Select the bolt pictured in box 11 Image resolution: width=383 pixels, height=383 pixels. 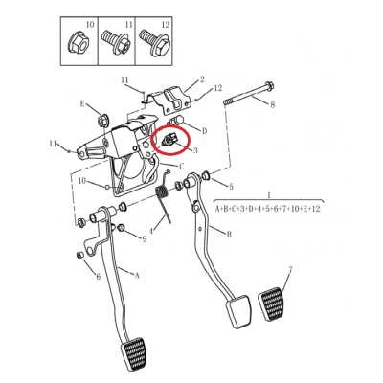pyautogui.click(x=117, y=41)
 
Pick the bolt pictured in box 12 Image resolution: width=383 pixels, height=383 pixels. pyautogui.click(x=154, y=42)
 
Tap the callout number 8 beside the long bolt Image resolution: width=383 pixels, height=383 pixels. pyautogui.click(x=272, y=104)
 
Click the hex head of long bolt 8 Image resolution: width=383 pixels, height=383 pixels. pyautogui.click(x=270, y=86)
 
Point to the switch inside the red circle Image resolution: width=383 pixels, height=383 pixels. pyautogui.click(x=169, y=140)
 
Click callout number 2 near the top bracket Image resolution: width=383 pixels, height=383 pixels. pyautogui.click(x=202, y=79)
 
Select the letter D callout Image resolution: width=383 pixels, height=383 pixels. pyautogui.click(x=205, y=131)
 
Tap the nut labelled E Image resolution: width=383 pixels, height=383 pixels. pyautogui.click(x=103, y=120)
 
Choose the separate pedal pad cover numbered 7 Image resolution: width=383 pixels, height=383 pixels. pyautogui.click(x=272, y=304)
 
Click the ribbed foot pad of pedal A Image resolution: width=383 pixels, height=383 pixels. pyautogui.click(x=134, y=353)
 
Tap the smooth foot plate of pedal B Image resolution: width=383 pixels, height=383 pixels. pyautogui.click(x=238, y=311)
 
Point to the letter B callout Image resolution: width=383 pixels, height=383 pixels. pyautogui.click(x=229, y=235)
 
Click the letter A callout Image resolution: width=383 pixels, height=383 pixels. pyautogui.click(x=137, y=275)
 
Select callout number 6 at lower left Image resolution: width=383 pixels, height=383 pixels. pyautogui.click(x=98, y=276)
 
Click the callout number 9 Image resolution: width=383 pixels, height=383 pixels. pyautogui.click(x=145, y=238)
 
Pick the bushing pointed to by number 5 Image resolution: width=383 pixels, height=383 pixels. pyautogui.click(x=206, y=174)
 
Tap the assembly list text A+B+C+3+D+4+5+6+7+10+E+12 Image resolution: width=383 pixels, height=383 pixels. pyautogui.click(x=267, y=209)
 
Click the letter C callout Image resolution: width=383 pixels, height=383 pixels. pyautogui.click(x=182, y=167)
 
